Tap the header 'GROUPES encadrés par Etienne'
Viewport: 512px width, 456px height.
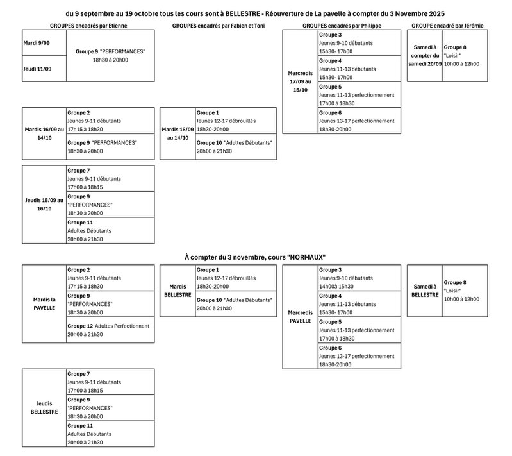(88, 24)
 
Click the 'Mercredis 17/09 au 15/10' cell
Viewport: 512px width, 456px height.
(300, 81)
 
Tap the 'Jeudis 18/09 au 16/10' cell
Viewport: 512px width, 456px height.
(44, 204)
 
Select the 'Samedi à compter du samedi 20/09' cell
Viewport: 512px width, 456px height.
(425, 56)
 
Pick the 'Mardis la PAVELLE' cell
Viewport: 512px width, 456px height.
(44, 303)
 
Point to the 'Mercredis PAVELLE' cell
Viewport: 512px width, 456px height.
(300, 316)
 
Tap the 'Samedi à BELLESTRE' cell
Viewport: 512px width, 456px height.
(425, 291)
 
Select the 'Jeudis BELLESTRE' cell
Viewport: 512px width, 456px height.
(44, 407)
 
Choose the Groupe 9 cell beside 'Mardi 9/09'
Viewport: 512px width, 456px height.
(110, 56)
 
